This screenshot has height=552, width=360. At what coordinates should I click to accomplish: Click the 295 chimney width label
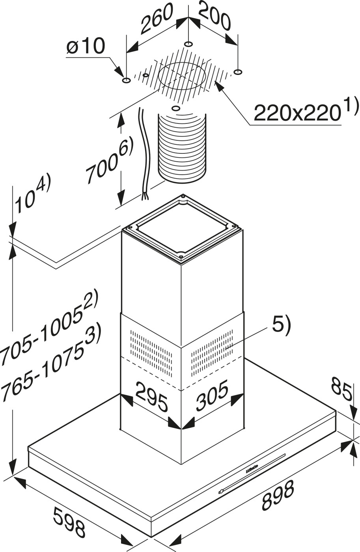click(152, 396)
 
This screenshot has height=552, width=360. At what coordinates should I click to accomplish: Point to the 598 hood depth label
click(69, 522)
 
